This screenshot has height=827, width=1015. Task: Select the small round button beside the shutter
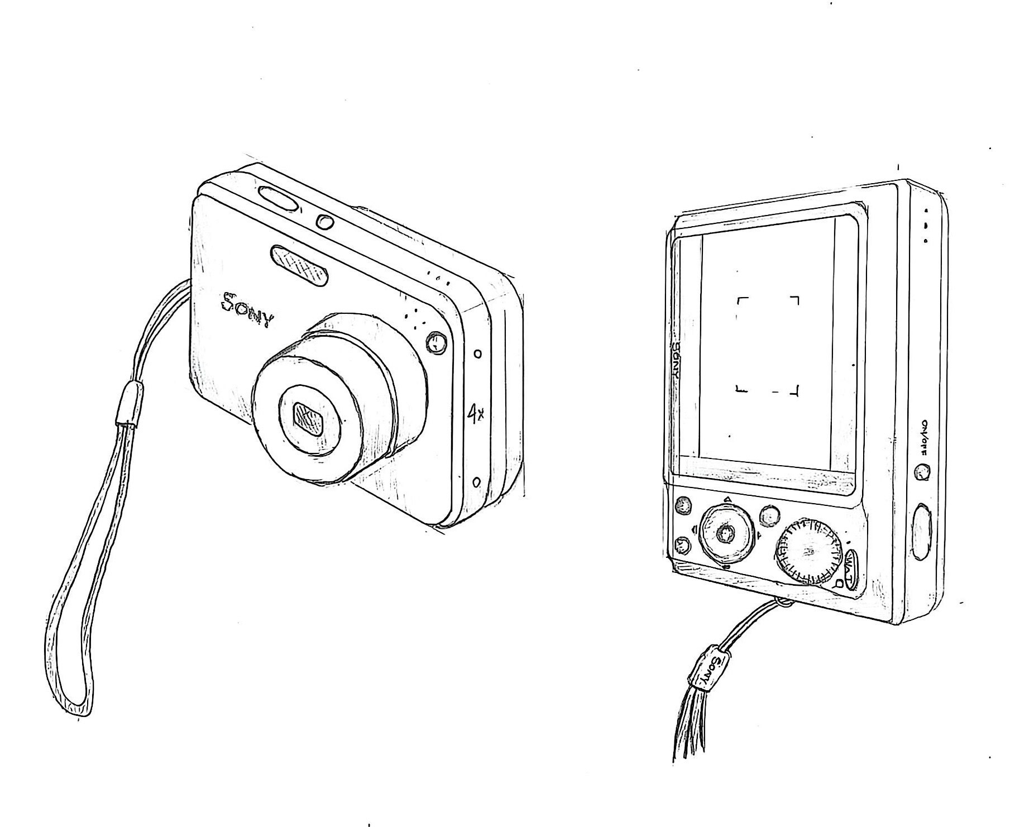click(324, 222)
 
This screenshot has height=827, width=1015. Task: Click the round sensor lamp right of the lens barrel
click(436, 342)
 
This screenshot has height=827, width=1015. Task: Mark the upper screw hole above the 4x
click(477, 353)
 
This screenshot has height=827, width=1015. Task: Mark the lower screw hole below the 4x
click(476, 481)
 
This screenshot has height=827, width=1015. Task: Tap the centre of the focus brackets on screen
click(768, 345)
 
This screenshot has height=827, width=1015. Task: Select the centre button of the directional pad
click(725, 534)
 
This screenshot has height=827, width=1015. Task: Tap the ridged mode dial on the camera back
click(808, 552)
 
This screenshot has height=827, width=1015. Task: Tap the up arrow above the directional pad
click(727, 499)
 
